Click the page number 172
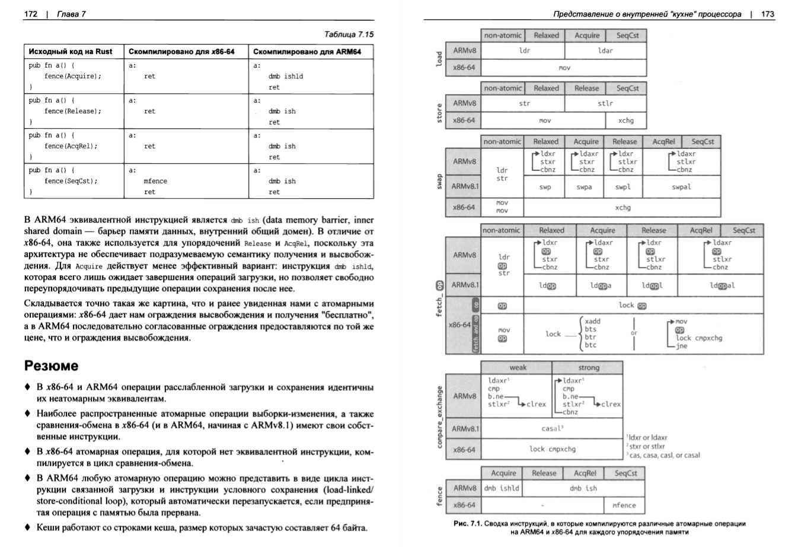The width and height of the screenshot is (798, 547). (30, 14)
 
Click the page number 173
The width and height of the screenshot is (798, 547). (767, 14)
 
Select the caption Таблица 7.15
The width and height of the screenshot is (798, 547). (349, 34)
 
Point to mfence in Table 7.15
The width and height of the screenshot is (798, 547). (155, 181)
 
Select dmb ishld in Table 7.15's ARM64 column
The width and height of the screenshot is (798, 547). (285, 76)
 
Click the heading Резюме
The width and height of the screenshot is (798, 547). (51, 365)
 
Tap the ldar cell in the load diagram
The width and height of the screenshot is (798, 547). (605, 51)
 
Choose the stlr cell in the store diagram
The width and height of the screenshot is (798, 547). (605, 103)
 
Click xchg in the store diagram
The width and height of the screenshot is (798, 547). (625, 120)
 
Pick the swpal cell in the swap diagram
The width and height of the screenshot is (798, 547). (681, 187)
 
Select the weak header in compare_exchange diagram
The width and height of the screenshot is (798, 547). (518, 368)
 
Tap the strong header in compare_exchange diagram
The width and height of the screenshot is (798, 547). (588, 368)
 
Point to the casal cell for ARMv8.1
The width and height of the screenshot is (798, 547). (552, 428)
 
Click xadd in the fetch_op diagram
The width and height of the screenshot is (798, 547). (592, 322)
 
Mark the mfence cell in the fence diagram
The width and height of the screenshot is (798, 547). (624, 505)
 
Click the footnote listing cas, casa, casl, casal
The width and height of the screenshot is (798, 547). (663, 455)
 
